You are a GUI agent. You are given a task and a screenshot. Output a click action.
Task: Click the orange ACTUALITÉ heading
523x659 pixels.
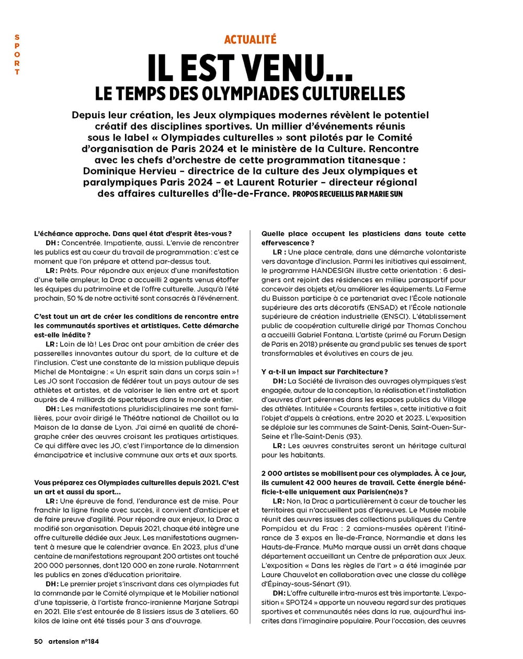click(250, 40)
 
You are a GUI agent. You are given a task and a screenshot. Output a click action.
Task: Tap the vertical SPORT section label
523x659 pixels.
click(17, 55)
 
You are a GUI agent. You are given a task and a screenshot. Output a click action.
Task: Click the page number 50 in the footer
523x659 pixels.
click(38, 641)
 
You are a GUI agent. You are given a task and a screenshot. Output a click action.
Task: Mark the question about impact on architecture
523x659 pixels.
click(324, 372)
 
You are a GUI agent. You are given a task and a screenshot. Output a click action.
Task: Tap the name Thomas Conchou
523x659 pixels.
click(440, 325)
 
